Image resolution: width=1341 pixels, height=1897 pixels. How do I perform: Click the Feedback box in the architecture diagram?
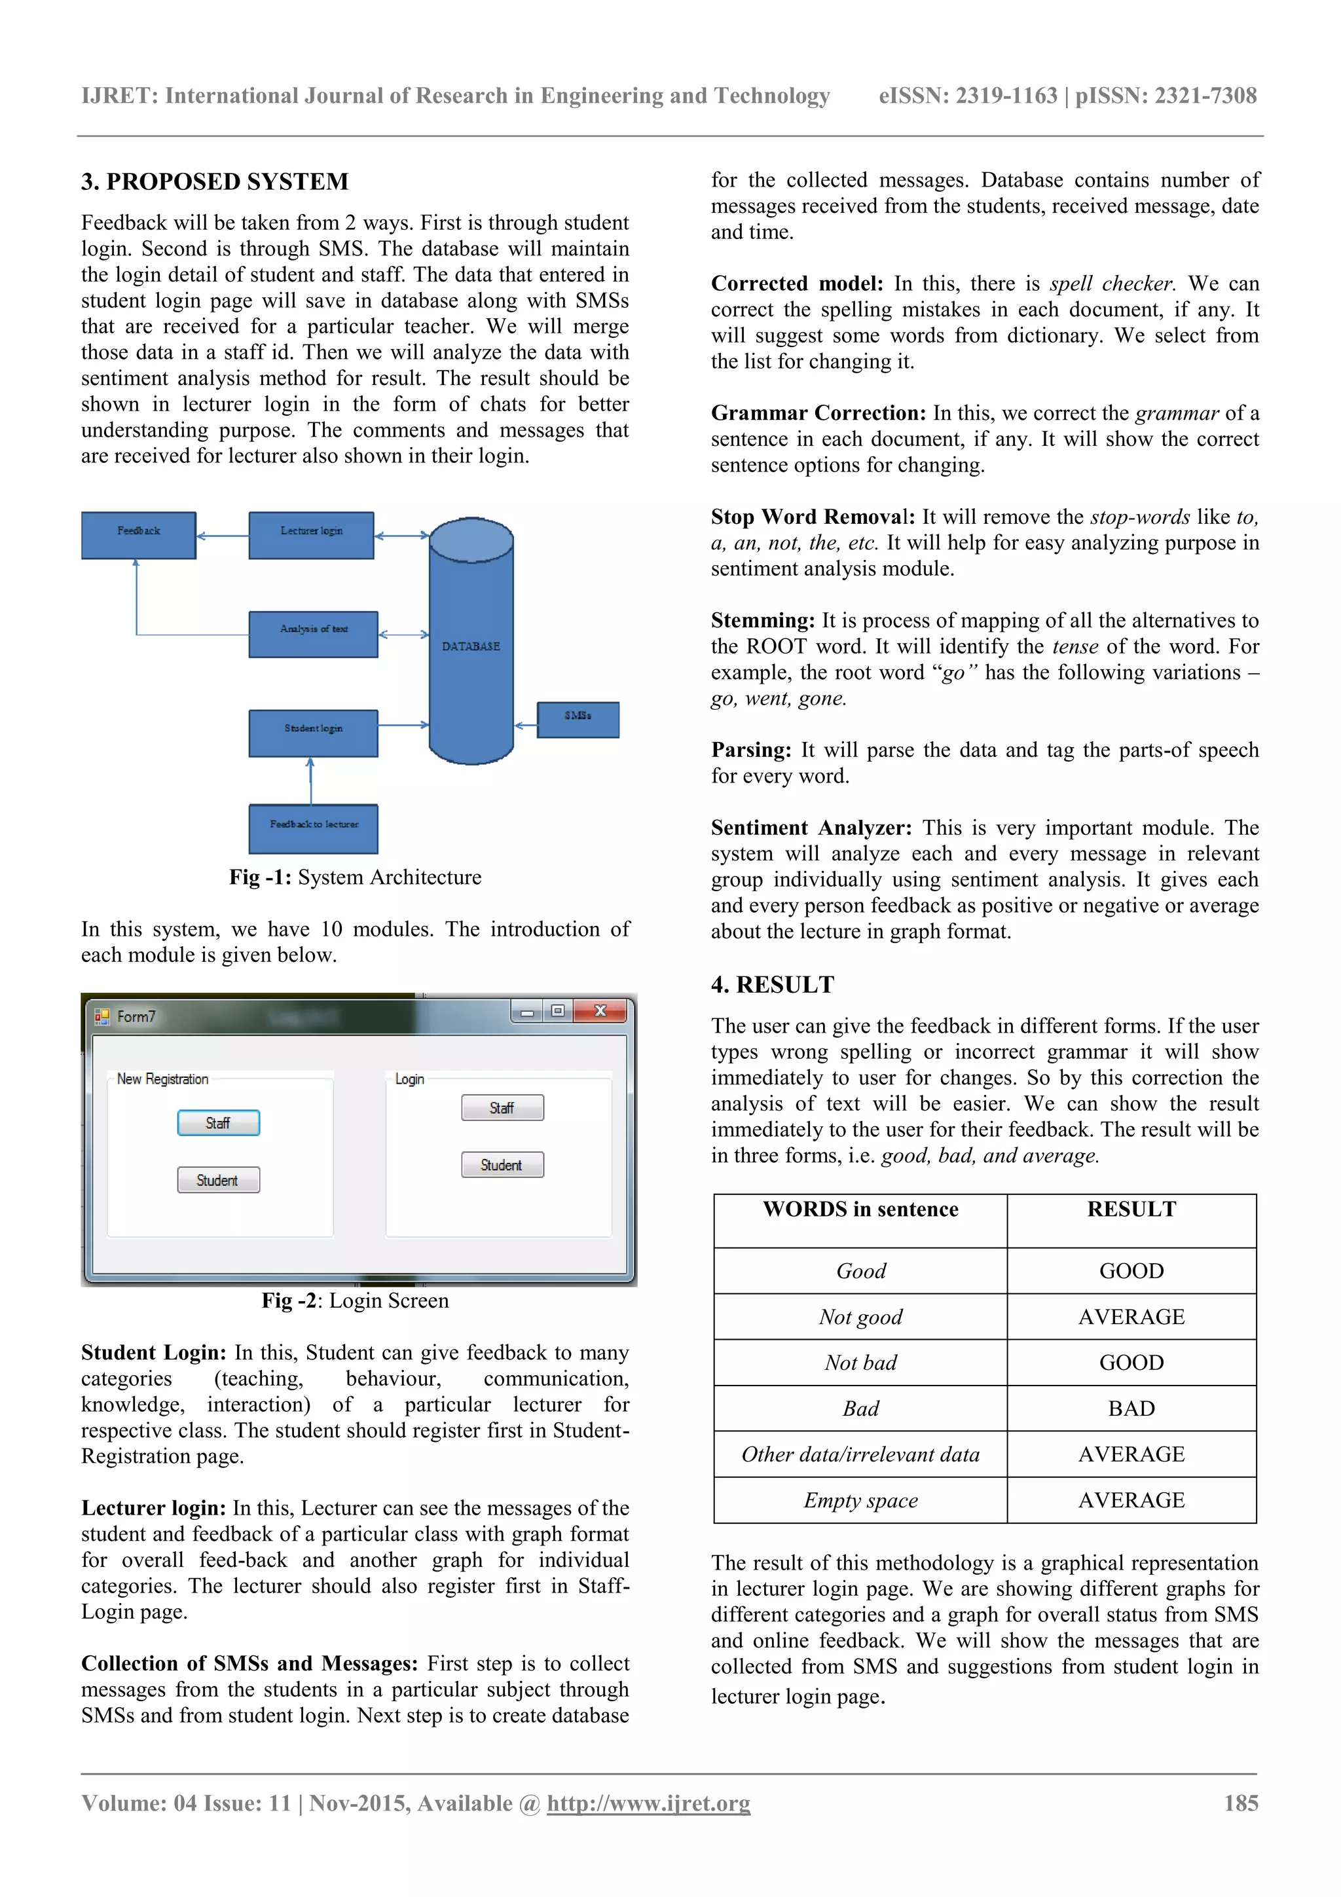click(x=138, y=534)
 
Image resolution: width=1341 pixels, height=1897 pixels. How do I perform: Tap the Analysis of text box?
click(x=313, y=634)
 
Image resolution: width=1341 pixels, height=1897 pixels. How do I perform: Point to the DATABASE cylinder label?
click(x=470, y=646)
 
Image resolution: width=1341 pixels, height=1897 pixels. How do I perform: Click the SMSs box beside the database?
click(x=578, y=719)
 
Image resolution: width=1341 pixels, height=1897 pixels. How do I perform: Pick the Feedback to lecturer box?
click(x=313, y=828)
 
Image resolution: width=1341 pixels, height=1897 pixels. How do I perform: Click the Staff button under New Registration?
click(x=218, y=1123)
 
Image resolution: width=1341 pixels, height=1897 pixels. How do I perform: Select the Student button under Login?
click(x=502, y=1165)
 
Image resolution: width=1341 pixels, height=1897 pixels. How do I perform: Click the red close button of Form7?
click(x=600, y=1010)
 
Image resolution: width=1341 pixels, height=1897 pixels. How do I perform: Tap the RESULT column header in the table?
click(x=1130, y=1209)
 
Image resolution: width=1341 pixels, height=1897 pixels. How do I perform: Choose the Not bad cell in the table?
click(x=860, y=1363)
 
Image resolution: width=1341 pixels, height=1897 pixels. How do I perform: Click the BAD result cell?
click(x=1130, y=1409)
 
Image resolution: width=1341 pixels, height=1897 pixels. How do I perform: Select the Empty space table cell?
click(x=860, y=1500)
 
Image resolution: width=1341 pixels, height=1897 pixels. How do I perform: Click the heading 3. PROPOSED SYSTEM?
click(x=215, y=182)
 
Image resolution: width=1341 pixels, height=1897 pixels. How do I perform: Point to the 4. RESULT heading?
click(x=773, y=985)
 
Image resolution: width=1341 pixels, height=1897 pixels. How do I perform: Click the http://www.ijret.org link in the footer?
click(x=648, y=1803)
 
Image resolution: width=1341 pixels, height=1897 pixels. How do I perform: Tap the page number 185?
click(x=1240, y=1803)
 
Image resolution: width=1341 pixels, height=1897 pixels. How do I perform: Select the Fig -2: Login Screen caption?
click(x=356, y=1300)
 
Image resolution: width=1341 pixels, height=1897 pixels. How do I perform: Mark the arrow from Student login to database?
click(x=403, y=726)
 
